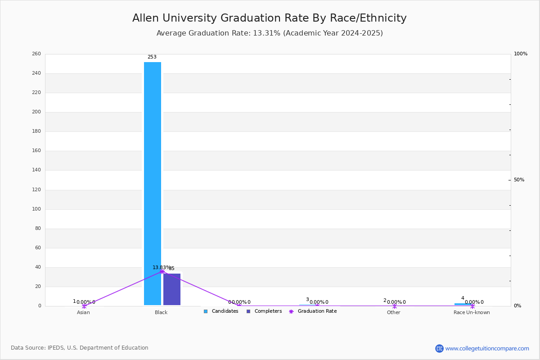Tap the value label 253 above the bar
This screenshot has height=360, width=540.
(x=152, y=57)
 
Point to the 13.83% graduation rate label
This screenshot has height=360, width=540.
(x=161, y=267)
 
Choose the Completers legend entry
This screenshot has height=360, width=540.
(x=268, y=311)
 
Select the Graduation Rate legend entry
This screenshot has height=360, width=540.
(x=317, y=311)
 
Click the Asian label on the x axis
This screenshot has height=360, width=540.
(x=83, y=312)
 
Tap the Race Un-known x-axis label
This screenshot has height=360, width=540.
(x=472, y=312)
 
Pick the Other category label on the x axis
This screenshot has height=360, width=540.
(x=393, y=312)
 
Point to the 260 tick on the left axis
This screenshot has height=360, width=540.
(x=36, y=54)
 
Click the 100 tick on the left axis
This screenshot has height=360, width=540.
(x=36, y=209)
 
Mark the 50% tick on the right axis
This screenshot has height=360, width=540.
(x=519, y=180)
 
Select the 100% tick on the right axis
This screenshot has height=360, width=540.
(x=521, y=54)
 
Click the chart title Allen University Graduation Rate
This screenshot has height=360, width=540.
(x=269, y=18)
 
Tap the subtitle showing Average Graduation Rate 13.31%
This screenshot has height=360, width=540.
(x=269, y=33)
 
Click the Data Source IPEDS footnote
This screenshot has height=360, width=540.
(x=80, y=348)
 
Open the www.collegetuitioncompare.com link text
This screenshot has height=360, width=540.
(x=487, y=348)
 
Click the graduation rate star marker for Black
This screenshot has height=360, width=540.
(x=162, y=271)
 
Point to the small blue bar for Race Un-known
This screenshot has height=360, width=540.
(x=463, y=304)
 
